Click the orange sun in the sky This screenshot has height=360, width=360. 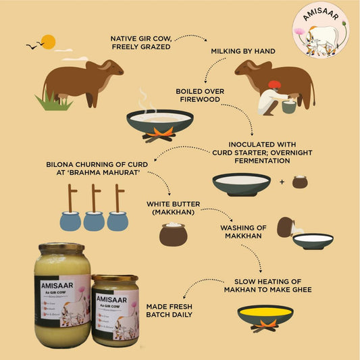[47, 41]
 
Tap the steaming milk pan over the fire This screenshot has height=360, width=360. [159, 120]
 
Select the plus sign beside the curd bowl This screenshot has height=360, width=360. [282, 182]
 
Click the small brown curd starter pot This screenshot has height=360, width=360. [300, 182]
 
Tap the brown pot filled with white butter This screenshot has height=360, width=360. [173, 234]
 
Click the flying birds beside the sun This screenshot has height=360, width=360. [32, 46]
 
